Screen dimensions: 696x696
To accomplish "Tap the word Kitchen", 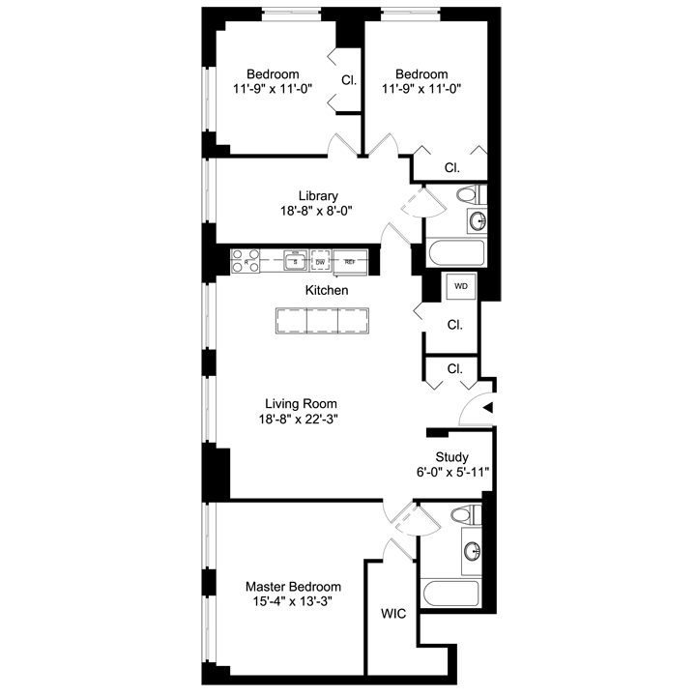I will [327, 290].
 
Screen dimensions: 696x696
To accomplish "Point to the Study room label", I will [452, 457].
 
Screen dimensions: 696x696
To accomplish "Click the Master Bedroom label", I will [293, 587].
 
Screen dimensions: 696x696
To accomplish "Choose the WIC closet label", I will [393, 614].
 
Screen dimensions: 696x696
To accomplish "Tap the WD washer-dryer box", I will [461, 287].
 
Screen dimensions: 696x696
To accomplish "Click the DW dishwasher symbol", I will [321, 261].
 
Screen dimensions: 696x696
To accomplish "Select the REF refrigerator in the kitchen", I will [350, 261].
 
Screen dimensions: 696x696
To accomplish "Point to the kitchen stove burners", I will [246, 261].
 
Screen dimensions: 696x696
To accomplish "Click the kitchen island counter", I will [321, 321].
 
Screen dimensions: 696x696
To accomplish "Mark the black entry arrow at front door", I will [488, 409].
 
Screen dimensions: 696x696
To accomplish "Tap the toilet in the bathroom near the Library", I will [468, 194].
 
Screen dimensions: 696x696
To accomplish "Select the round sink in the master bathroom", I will [473, 551].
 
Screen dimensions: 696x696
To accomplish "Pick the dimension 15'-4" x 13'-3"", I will [293, 603].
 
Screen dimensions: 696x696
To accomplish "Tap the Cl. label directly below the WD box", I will [454, 326].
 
